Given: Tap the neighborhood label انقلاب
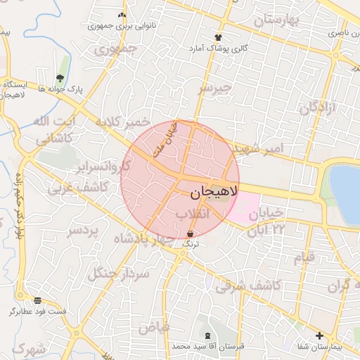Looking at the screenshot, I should point(191,213).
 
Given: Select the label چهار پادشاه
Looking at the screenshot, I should point(148,239).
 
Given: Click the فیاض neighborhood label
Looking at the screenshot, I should point(154,327).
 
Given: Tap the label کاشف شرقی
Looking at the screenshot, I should point(248,285).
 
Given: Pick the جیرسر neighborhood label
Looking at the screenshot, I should point(214,89).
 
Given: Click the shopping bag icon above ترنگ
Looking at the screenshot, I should point(191,233).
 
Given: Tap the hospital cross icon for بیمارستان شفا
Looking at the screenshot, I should point(319,335).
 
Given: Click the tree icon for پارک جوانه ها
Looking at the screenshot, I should point(60,78).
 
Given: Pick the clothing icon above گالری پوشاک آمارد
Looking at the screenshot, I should point(218,37).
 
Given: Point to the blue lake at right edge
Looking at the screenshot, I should point(346,190).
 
